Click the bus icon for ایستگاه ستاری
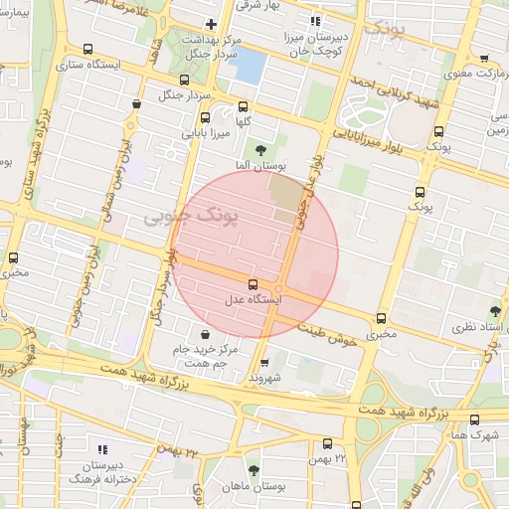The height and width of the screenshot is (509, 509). point(87,49)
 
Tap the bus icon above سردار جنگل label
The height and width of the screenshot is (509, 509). point(184,81)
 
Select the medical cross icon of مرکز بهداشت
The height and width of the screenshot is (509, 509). point(210,24)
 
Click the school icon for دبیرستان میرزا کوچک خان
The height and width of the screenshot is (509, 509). point(316,21)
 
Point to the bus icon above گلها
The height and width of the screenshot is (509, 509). point(242,106)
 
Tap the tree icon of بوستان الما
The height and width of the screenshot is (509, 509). point(260,150)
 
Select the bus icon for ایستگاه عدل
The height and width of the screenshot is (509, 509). point(252,283)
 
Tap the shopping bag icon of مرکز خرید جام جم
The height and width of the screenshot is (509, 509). point(205,334)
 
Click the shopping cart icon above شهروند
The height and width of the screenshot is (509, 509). point(263,362)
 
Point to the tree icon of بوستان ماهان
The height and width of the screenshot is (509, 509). point(254,470)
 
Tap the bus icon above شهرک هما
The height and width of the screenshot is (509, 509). point(474,420)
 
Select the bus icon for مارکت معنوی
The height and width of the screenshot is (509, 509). point(484,59)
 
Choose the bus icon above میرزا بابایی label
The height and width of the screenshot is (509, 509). point(206,116)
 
